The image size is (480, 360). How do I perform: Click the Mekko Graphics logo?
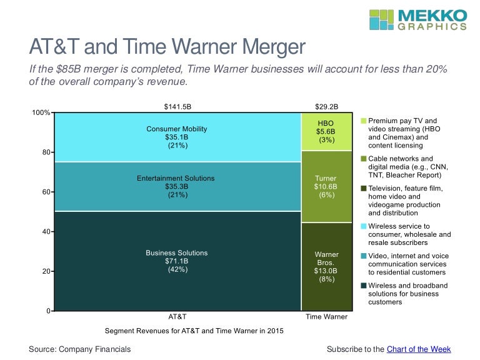coord(417,20)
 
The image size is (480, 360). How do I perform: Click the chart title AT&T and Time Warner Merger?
coord(167,48)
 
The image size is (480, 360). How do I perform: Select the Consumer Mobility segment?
coord(177,137)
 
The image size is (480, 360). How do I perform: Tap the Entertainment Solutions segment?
coord(177,186)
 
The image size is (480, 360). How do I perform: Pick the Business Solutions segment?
coord(177,261)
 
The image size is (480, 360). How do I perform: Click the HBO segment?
coord(326,132)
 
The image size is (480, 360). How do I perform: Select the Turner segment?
coord(326,186)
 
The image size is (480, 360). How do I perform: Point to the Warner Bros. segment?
coord(326,266)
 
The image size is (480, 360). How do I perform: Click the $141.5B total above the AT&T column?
coord(177,107)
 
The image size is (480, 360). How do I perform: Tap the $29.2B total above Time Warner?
coord(326,107)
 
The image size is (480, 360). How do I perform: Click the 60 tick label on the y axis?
coord(46,192)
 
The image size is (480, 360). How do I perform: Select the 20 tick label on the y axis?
coord(46,271)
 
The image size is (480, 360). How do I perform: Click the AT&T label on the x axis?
coord(177,317)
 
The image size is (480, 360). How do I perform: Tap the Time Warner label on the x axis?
coord(326,317)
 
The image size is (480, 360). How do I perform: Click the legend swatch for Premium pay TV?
coord(363,120)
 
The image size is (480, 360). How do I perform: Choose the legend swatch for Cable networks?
coord(363,159)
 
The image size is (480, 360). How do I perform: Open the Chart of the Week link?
coord(419,349)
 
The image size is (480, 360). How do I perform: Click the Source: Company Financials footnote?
coord(80,349)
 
